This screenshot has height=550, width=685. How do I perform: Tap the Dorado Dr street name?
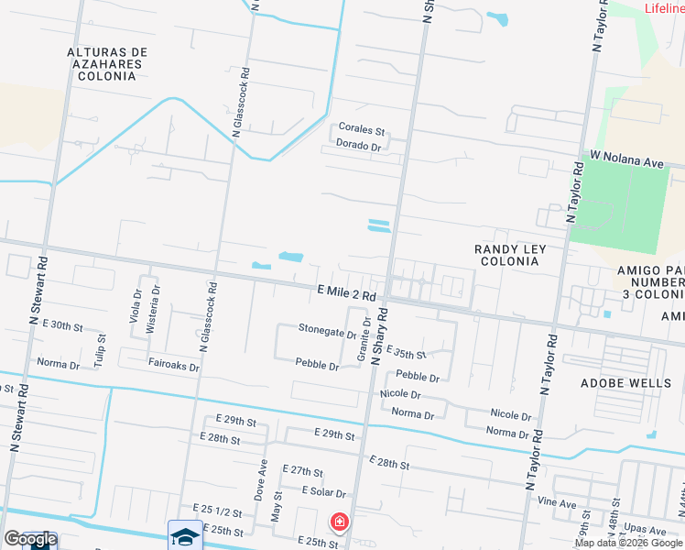click(358, 146)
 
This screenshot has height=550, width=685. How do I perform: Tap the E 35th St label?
click(407, 353)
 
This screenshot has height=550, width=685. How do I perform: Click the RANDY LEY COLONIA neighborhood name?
click(506, 255)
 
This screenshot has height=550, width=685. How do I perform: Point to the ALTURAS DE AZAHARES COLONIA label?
click(104, 64)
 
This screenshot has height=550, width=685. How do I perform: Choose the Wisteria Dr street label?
click(156, 302)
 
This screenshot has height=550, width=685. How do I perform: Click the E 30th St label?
click(61, 326)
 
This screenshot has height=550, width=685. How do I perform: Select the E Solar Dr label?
click(323, 492)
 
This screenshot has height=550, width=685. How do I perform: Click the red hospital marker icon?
click(339, 522)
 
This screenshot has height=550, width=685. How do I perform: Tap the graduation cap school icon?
click(184, 536)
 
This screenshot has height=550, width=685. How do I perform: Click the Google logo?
click(30, 540)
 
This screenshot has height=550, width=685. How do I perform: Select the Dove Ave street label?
click(263, 478)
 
